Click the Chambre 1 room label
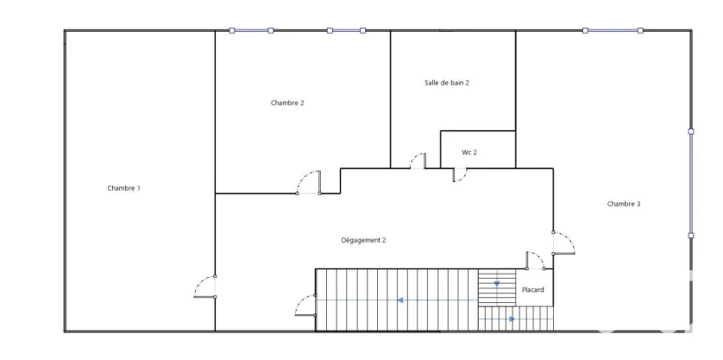point(123,188)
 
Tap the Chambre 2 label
point(287,103)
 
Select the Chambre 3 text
point(624,204)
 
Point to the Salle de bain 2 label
point(447,83)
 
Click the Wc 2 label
point(469,152)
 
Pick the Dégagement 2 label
point(363,240)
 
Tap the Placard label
point(532,290)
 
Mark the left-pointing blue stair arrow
point(400,300)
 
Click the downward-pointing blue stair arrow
point(497,284)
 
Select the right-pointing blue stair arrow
point(512,319)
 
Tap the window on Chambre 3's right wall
point(691,184)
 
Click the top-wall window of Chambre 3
point(613,30)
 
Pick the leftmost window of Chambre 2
point(251,30)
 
